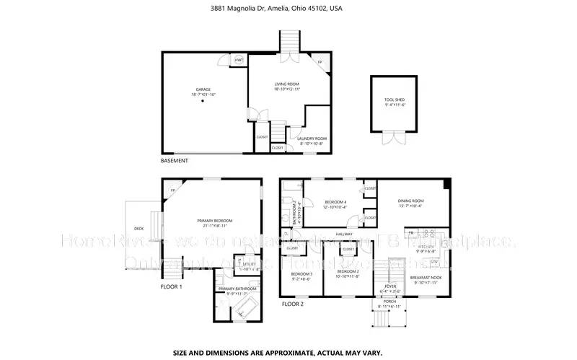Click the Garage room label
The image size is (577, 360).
(x=203, y=91)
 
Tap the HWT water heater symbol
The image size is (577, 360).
(x=239, y=59)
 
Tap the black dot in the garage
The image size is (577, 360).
(x=203, y=102)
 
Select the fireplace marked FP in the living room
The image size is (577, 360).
(x=322, y=63)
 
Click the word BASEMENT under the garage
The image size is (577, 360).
(x=174, y=160)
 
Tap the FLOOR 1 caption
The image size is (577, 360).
(x=171, y=286)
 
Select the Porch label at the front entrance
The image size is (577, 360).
(x=389, y=302)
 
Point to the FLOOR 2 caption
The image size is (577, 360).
(x=291, y=304)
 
